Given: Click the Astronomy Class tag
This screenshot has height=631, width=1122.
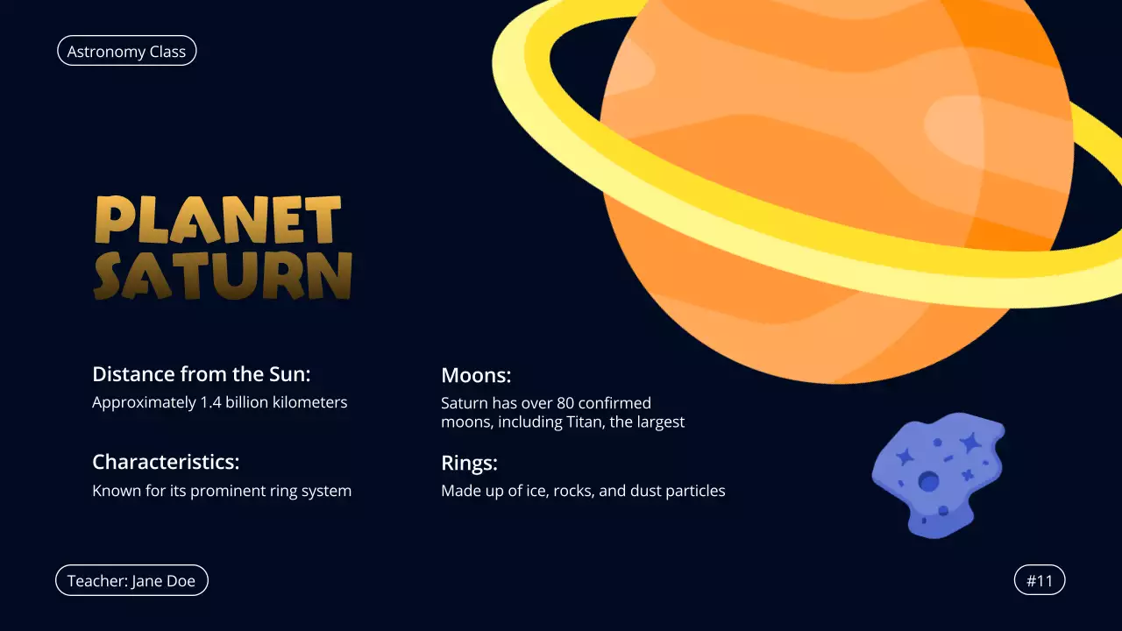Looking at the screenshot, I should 126,52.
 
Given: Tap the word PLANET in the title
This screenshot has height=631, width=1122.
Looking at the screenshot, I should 218,220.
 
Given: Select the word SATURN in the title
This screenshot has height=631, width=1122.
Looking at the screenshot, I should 223,276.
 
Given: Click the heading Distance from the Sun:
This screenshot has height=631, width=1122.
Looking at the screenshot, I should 202,374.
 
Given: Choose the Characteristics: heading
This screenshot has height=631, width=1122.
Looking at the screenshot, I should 166,462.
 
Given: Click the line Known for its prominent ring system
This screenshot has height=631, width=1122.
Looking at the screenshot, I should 222,491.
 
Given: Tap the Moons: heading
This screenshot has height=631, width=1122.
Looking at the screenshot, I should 476,375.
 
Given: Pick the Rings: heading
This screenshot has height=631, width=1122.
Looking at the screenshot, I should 469,463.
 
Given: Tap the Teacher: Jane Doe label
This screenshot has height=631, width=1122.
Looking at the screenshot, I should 131,580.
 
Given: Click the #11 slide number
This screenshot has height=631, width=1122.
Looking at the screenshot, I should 1039,580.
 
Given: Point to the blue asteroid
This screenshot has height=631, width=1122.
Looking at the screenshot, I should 937,473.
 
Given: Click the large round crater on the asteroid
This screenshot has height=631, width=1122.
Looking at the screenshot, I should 928,481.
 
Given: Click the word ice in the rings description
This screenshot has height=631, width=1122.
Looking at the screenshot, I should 526,491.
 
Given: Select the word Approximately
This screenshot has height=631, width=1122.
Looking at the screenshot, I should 143,402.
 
